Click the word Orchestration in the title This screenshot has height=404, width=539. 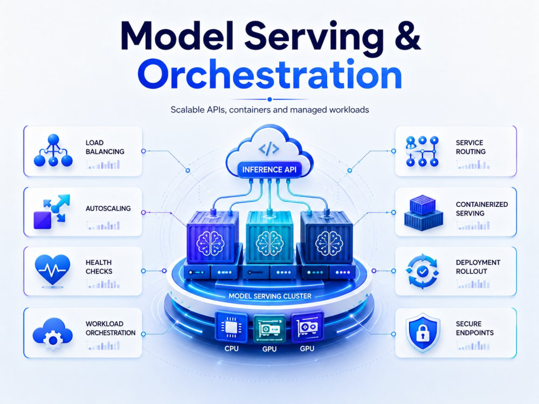270,75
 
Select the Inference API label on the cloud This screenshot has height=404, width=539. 269,169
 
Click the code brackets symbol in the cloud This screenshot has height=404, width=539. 269,149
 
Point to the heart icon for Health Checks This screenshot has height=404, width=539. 53,269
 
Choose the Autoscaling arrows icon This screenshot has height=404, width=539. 52,211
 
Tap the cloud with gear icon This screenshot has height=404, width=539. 52,333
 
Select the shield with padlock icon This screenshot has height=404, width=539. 423,332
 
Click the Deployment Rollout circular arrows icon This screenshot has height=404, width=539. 422,271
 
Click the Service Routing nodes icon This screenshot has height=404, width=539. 422,151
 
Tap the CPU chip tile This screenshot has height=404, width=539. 231,327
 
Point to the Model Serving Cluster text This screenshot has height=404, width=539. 270,296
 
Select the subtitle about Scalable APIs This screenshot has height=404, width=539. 270,110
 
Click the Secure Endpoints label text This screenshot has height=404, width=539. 475,328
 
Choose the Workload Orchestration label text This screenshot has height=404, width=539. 110,328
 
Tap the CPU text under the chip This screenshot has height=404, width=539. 231,349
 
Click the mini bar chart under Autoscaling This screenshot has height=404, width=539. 103,226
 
